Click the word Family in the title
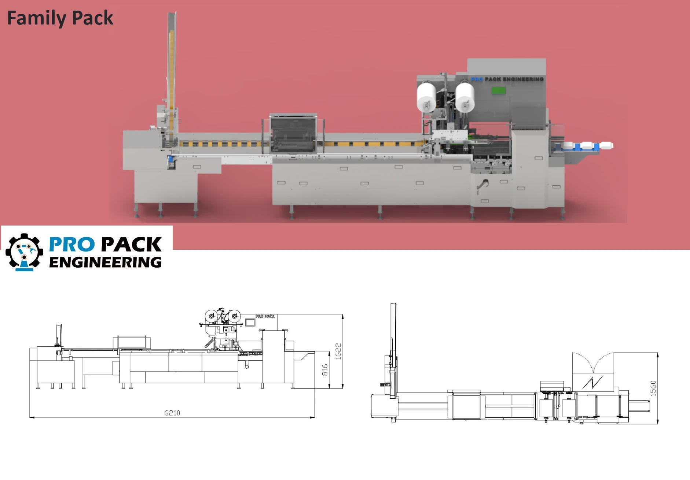tap(36, 18)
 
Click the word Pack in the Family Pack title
tap(92, 18)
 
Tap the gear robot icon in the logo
tap(24, 252)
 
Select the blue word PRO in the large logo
tap(72, 244)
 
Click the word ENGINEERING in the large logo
tap(105, 262)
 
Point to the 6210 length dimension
tap(172, 413)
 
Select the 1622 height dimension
tap(338, 351)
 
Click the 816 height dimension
tap(325, 370)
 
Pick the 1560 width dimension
tap(653, 388)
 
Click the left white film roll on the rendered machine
tap(426, 97)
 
